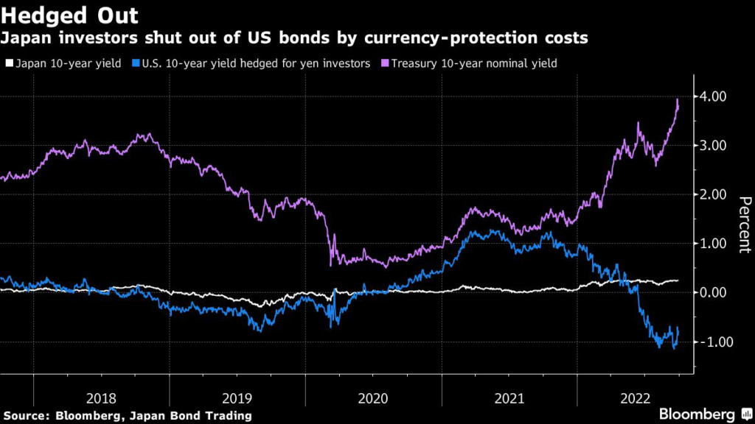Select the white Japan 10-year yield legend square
(8, 64)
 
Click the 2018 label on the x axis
(101, 398)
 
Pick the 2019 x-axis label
(237, 398)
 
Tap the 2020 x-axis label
(373, 398)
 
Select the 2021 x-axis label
(509, 398)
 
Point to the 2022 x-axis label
(635, 398)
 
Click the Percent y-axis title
(745, 225)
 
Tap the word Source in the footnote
(27, 416)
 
